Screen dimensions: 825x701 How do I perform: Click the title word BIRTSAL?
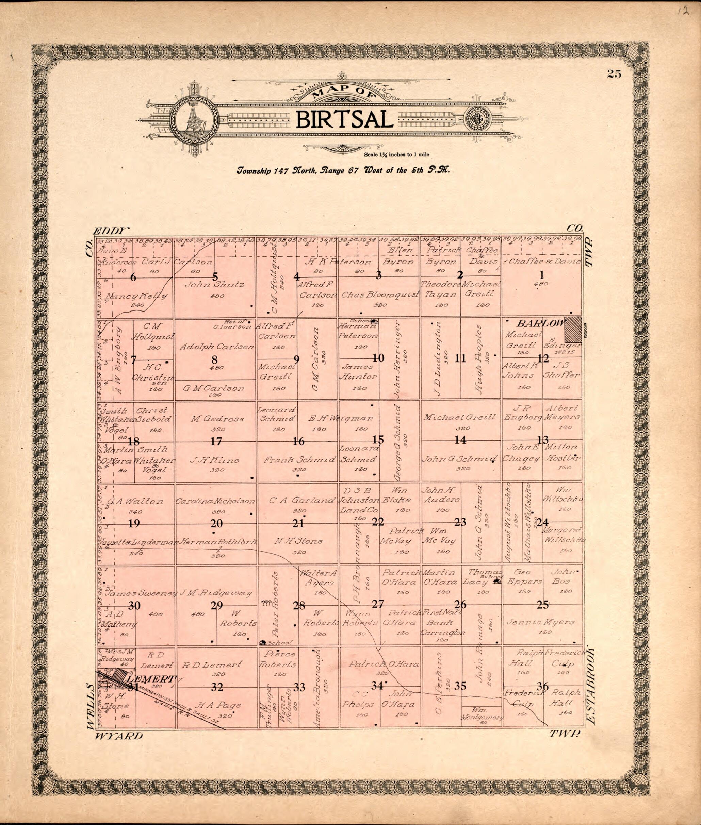click(x=344, y=120)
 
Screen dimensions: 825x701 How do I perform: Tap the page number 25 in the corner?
click(x=614, y=74)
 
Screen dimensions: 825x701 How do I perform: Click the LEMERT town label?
click(x=150, y=678)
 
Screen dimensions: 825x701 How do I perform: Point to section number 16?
click(x=298, y=441)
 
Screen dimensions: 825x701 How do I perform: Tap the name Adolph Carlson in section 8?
click(x=216, y=347)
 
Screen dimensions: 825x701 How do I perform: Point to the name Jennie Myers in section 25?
click(x=540, y=622)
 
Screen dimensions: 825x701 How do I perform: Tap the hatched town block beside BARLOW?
click(x=573, y=329)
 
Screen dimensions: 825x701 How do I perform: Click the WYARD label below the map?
click(x=118, y=736)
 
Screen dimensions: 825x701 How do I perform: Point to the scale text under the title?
click(x=396, y=155)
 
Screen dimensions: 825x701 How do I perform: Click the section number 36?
click(x=542, y=686)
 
